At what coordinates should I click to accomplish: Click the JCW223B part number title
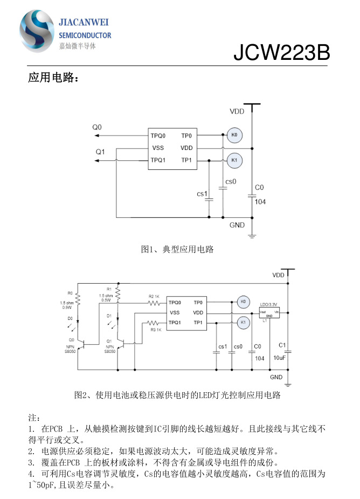[281, 53]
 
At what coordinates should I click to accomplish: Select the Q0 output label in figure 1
[96, 127]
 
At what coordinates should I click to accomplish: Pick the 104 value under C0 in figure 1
[260, 202]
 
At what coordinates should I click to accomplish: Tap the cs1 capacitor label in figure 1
[202, 194]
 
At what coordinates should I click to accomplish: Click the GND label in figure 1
[237, 225]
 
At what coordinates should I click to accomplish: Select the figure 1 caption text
[177, 249]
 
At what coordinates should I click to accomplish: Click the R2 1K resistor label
[154, 296]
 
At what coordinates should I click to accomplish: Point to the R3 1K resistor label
[156, 329]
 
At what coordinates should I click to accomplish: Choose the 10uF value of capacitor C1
[280, 358]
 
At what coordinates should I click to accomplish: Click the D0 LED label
[70, 319]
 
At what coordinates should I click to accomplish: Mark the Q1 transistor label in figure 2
[109, 341]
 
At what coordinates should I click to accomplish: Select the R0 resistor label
[70, 293]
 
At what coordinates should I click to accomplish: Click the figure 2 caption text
[177, 395]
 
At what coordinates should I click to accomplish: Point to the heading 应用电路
[53, 79]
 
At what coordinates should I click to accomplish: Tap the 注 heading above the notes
[33, 418]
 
